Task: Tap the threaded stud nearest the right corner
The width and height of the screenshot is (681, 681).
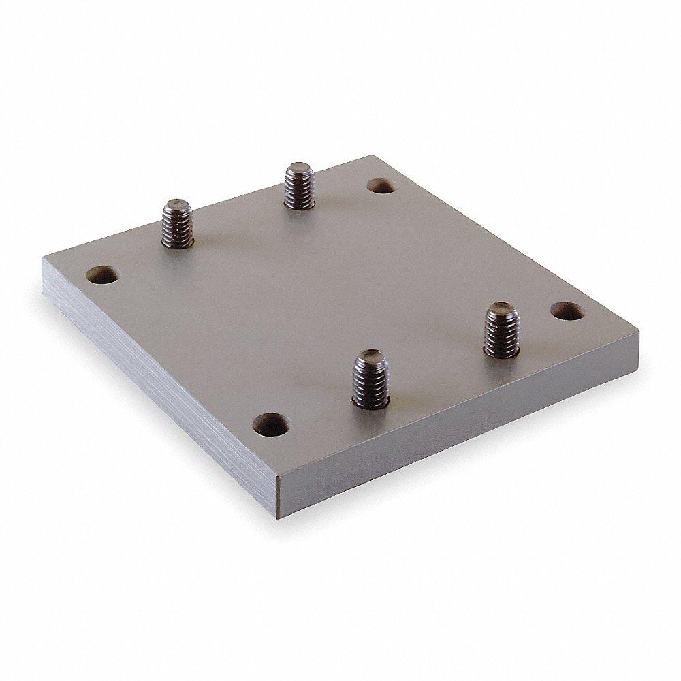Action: pyautogui.click(x=503, y=330)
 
